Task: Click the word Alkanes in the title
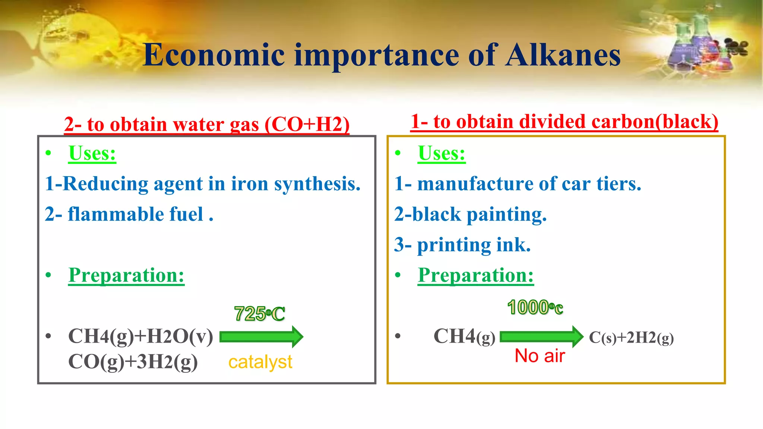tap(563, 55)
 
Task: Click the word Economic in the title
tap(214, 55)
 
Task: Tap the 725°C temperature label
tap(260, 314)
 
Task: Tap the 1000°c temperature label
tap(535, 308)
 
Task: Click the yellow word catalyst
tap(260, 362)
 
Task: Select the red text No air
tap(539, 356)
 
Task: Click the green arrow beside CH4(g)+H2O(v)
tap(261, 337)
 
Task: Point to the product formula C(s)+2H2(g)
tap(631, 337)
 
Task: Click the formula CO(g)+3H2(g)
tap(133, 362)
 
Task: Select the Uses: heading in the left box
tap(92, 153)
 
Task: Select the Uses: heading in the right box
tap(441, 153)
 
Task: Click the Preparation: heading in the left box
tap(126, 276)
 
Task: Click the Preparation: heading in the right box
tap(476, 276)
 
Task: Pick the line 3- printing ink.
tap(462, 245)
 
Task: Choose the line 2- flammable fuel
tap(129, 214)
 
